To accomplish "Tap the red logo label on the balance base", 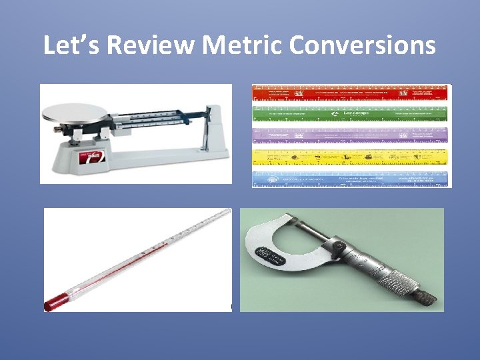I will coord(93,159).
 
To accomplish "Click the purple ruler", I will coord(350,135).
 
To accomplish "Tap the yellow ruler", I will coord(350,157).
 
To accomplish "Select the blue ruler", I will coord(350,178).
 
